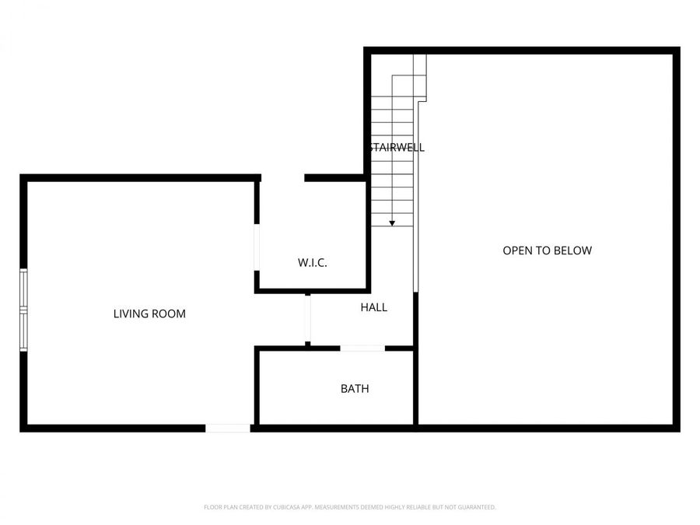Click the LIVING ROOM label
[149, 314]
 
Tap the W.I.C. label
[313, 263]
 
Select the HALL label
[373, 307]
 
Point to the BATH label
[355, 388]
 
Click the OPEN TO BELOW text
[547, 250]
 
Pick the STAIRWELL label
[397, 147]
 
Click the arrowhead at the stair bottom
[392, 223]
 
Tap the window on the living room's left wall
[23, 310]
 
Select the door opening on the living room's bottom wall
[228, 428]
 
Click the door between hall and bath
[362, 348]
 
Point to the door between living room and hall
[308, 319]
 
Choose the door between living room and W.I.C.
[257, 248]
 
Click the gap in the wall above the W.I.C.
[282, 178]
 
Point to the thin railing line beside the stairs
[418, 194]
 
